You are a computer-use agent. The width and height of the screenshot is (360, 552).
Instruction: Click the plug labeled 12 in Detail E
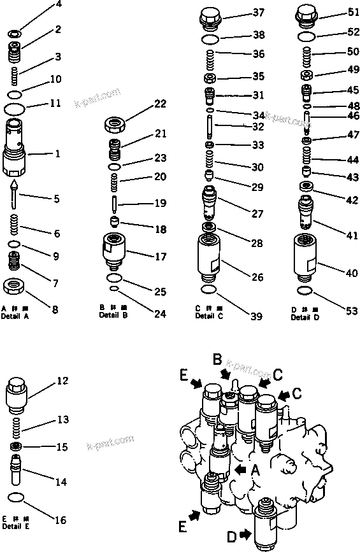(19, 396)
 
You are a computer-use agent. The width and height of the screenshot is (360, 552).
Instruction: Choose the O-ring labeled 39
(208, 291)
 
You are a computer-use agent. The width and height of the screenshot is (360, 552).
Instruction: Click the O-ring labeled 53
(304, 291)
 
